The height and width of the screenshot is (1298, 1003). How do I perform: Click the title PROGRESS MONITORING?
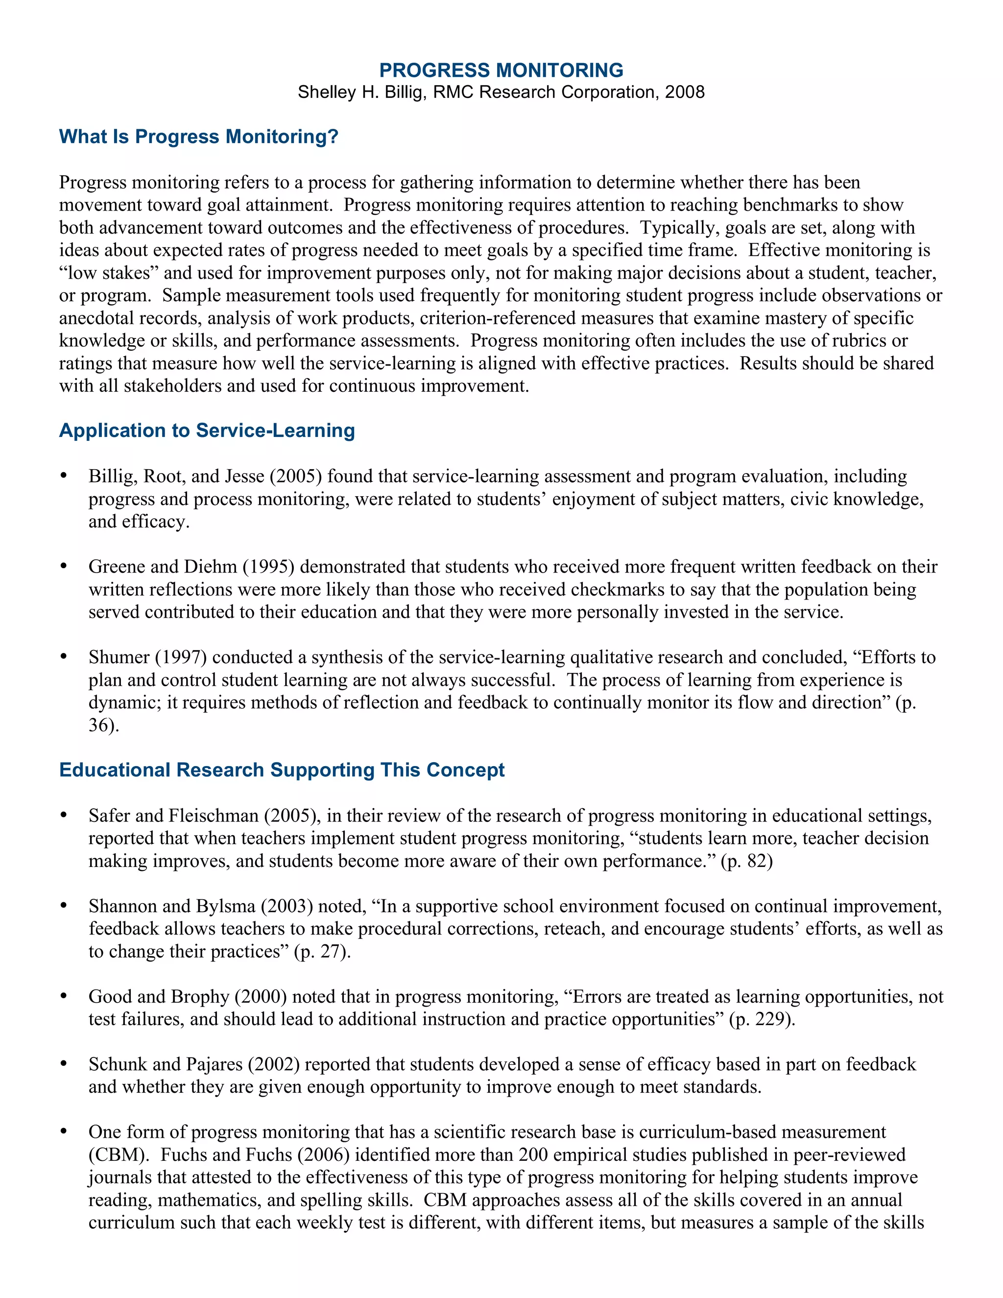[501, 70]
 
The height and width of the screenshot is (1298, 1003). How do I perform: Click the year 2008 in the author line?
[685, 92]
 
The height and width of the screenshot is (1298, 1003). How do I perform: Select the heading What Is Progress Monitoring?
[198, 136]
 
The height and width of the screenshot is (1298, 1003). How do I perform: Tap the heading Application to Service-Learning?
[207, 430]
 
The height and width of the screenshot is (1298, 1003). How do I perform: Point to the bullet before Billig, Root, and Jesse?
[64, 476]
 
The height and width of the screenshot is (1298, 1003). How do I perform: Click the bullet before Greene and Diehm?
[64, 566]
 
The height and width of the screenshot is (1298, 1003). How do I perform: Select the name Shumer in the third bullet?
[119, 657]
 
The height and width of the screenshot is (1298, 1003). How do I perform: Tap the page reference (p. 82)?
[746, 861]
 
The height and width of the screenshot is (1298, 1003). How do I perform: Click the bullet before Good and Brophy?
[64, 996]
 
